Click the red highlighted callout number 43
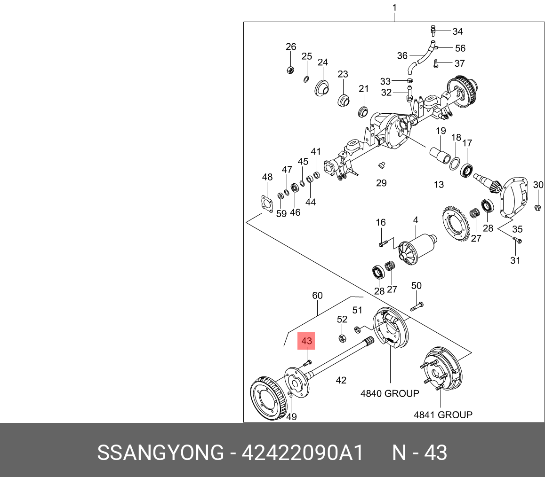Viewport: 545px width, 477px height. click(x=306, y=341)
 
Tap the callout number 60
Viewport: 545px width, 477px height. click(x=318, y=296)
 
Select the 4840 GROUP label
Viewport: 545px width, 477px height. click(x=389, y=393)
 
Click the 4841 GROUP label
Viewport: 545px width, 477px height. click(x=443, y=414)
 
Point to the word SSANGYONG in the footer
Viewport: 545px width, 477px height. click(x=160, y=453)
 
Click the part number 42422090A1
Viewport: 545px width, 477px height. click(x=303, y=453)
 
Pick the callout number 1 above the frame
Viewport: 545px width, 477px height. click(x=394, y=8)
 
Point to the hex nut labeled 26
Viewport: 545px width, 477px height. click(x=290, y=70)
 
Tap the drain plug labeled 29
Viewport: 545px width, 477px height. click(x=381, y=165)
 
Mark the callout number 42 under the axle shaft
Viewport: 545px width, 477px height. click(x=341, y=380)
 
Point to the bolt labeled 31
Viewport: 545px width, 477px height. click(x=517, y=241)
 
